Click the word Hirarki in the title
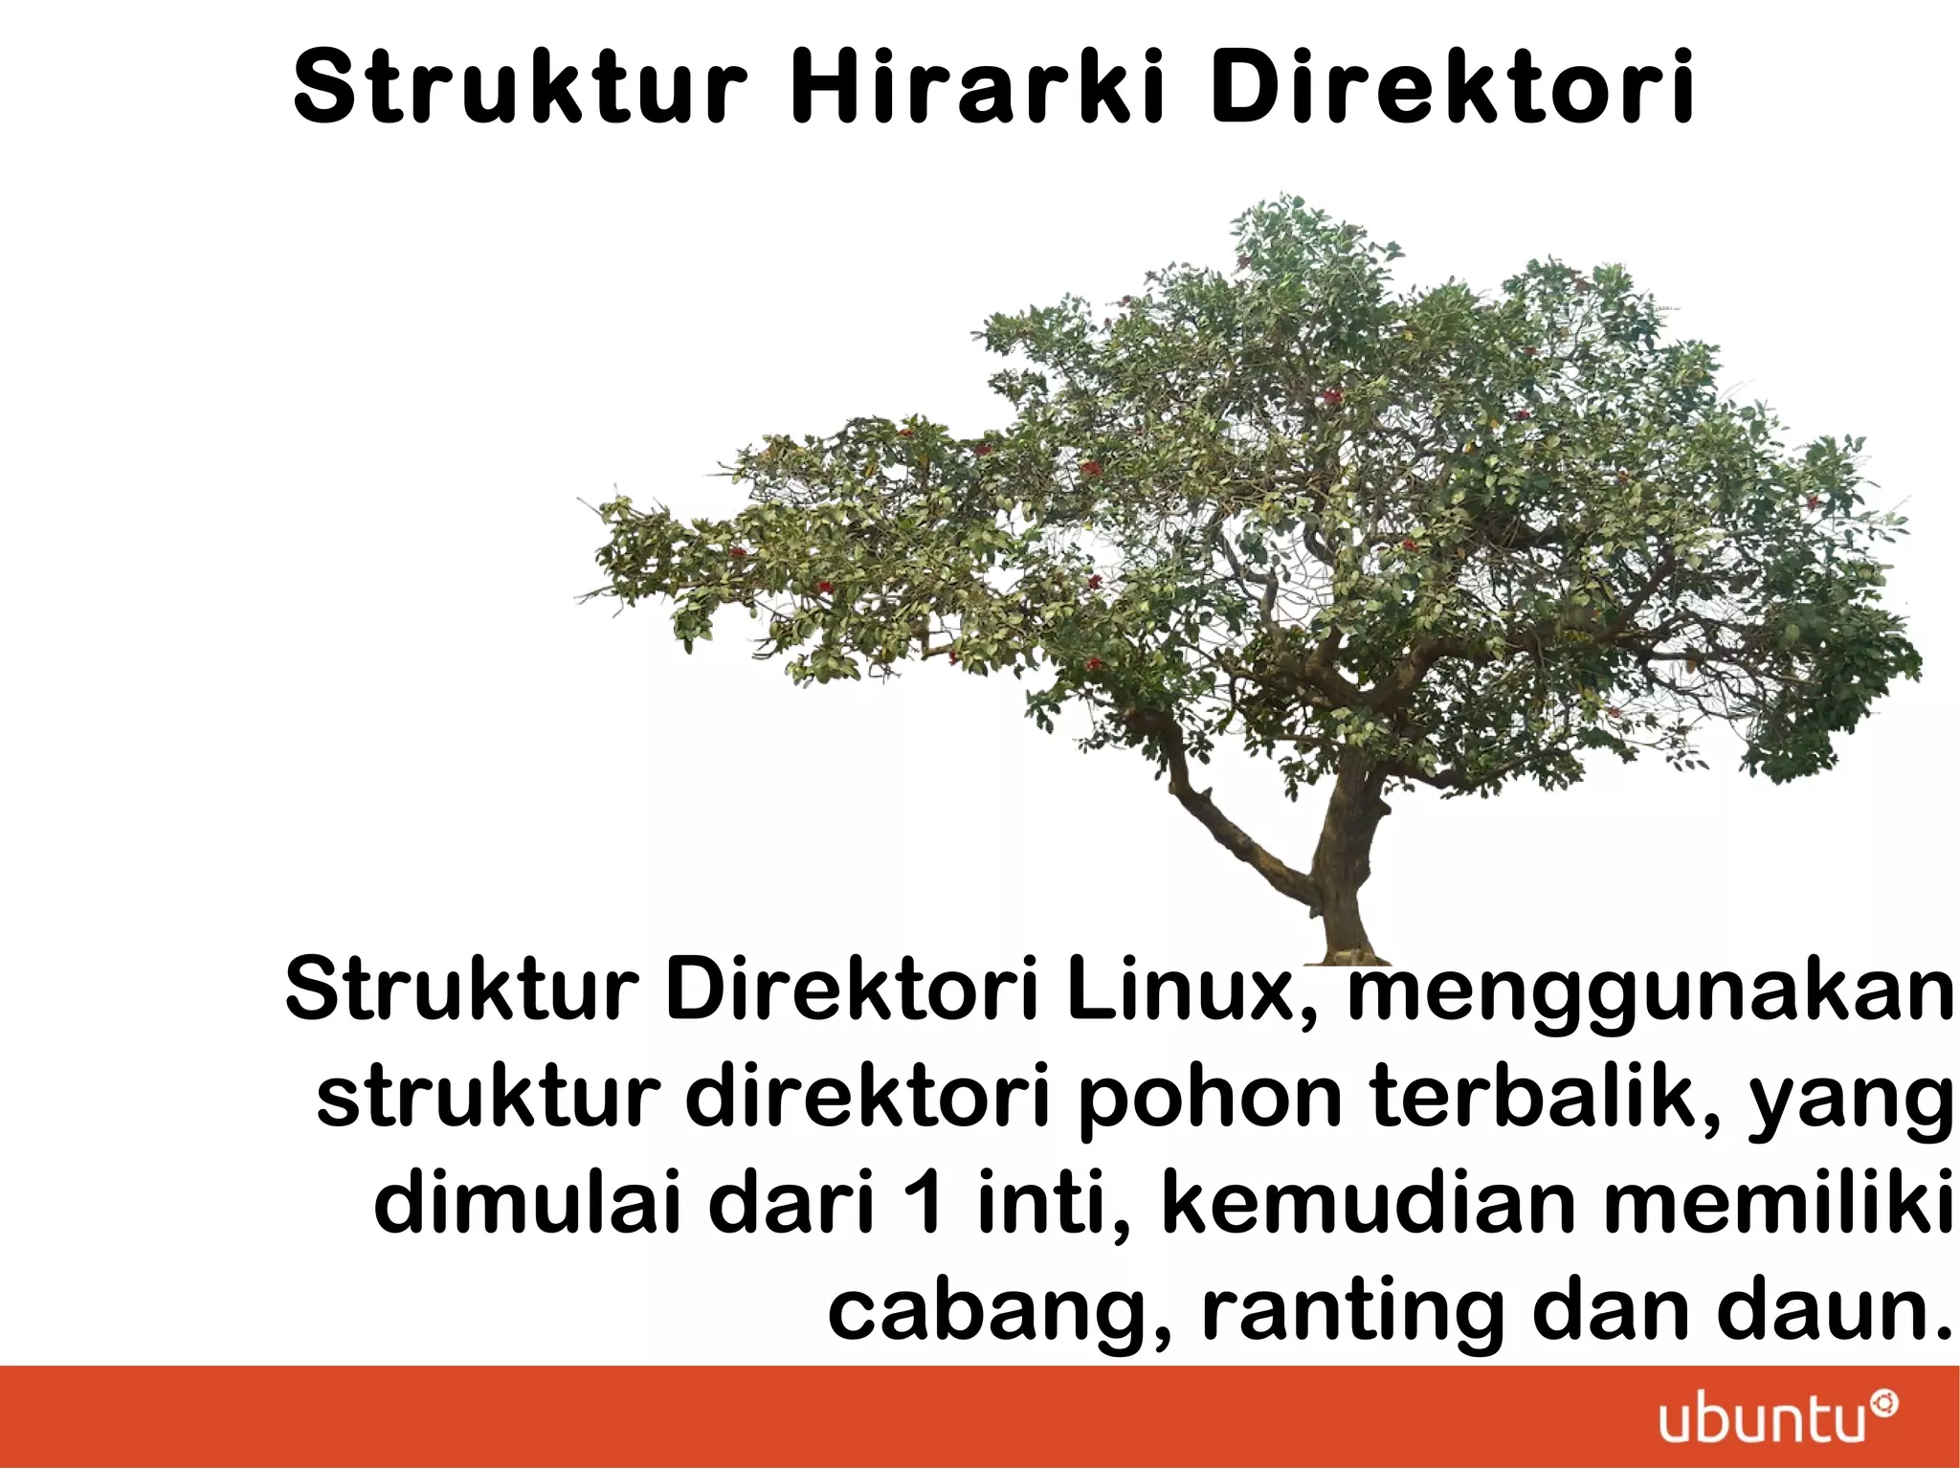(978, 88)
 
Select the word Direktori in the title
(1453, 88)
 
